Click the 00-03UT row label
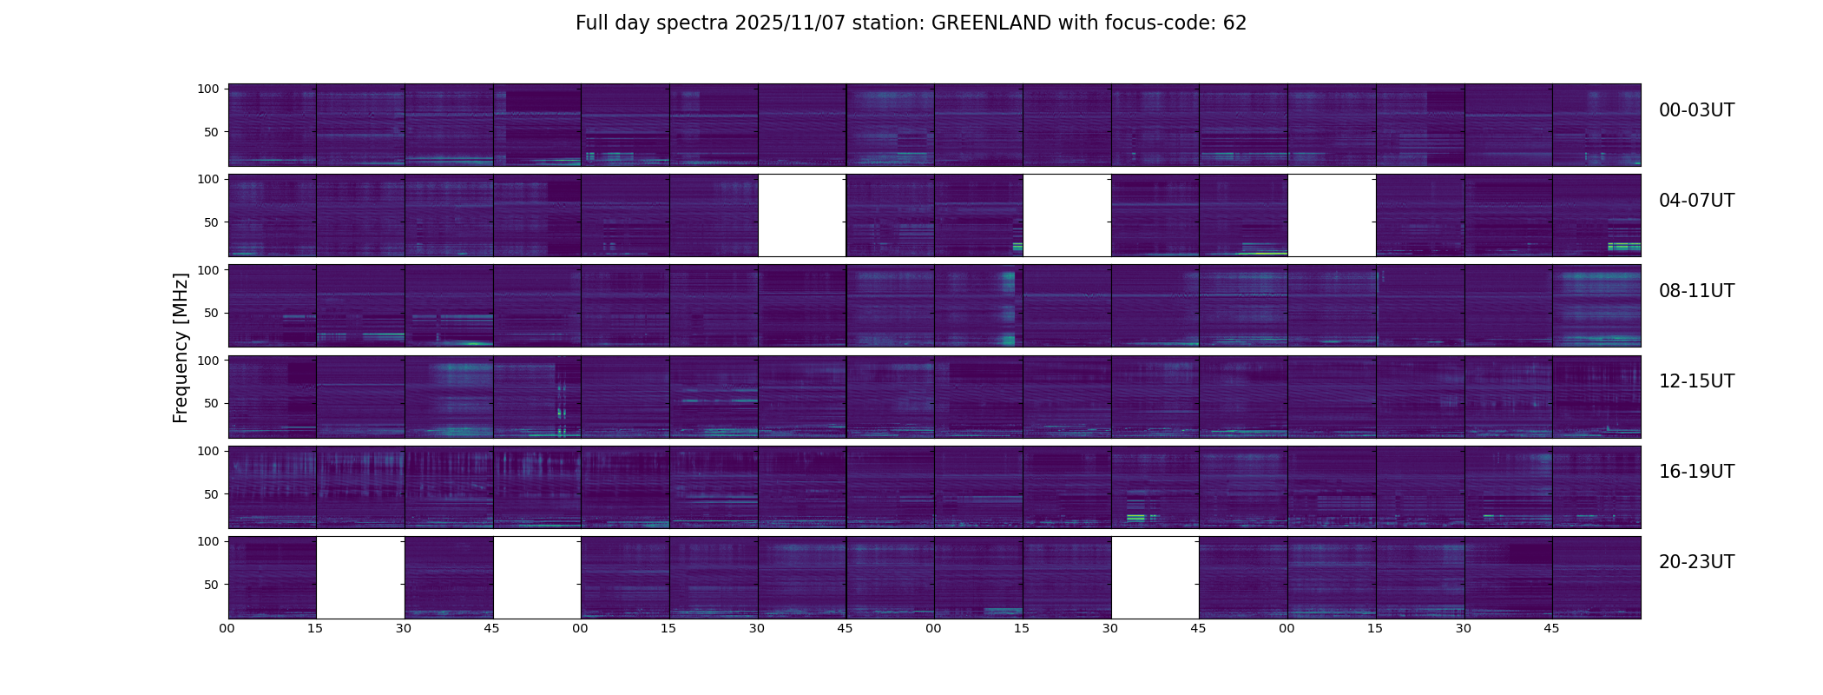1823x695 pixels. point(1696,110)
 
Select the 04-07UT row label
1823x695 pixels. point(1696,201)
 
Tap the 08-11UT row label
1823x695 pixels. point(1696,291)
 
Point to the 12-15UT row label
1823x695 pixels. point(1696,381)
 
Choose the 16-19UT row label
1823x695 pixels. point(1696,472)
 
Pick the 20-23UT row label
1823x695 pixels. point(1696,562)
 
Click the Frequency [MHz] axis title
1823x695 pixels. point(181,347)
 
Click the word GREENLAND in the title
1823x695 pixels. point(990,23)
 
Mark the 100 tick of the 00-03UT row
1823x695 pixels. point(208,89)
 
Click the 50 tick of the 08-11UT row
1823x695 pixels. point(212,313)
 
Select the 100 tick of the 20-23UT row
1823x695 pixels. point(208,541)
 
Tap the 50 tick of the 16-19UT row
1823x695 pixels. point(212,494)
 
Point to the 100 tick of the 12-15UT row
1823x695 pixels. point(208,360)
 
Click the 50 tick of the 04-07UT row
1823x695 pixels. point(212,222)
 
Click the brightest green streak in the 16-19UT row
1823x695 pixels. point(1135,518)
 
